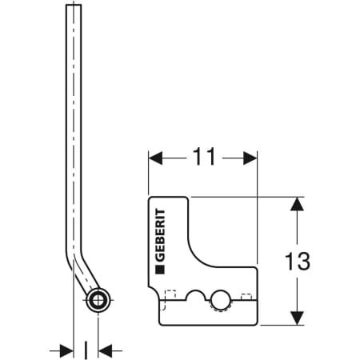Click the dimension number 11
(204, 158)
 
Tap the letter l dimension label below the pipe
(86, 349)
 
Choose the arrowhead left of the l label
(66, 350)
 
